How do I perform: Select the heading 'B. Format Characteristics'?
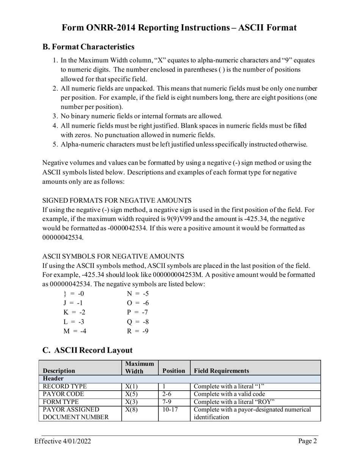88,47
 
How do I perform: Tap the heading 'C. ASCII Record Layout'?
88,350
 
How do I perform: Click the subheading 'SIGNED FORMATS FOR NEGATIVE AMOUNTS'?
117,200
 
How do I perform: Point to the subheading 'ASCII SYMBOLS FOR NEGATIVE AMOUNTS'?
113,256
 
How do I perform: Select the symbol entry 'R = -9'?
138,331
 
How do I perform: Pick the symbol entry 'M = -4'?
75,331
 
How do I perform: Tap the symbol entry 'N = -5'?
138,294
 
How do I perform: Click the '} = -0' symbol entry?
74,294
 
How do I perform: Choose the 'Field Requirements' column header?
221,371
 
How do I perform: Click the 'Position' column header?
174,371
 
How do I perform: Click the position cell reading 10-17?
169,410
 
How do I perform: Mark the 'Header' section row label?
53,379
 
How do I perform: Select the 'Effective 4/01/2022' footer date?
63,441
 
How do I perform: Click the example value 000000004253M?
178,275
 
